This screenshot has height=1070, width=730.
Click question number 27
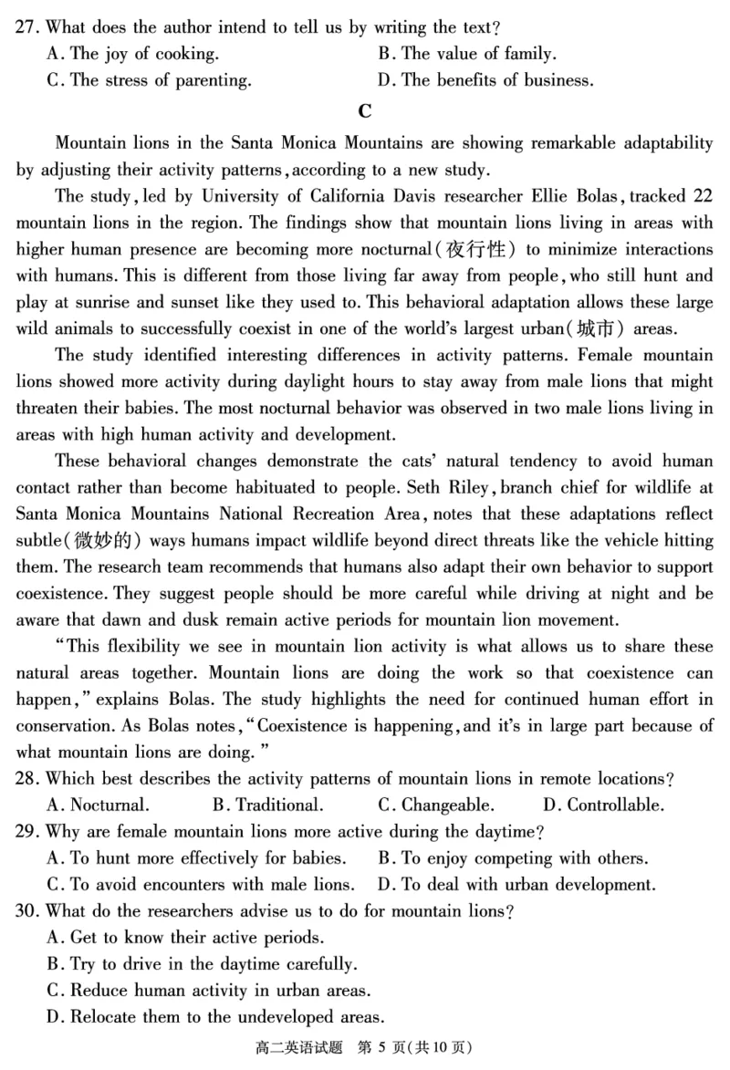[27, 27]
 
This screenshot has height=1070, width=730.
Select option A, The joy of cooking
[132, 54]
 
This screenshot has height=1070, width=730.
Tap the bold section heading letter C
[365, 111]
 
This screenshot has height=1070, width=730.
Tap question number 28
[27, 779]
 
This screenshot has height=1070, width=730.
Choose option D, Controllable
[603, 805]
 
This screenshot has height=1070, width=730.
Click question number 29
[27, 832]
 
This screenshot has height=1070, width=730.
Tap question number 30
[27, 911]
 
